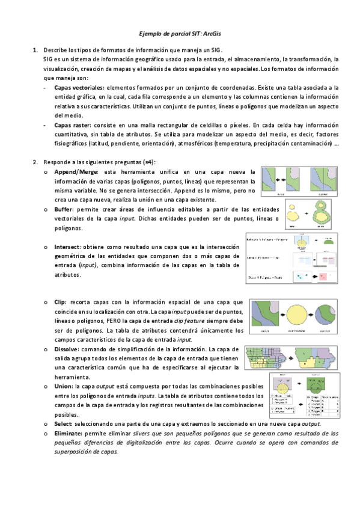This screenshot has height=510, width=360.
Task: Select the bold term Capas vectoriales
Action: coord(78,88)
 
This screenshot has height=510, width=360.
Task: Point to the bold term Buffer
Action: coord(64,209)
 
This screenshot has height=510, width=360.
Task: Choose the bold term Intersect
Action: coord(67,247)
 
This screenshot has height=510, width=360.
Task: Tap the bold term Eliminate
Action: coord(69,433)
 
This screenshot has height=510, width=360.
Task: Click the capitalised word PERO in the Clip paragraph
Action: coord(116,321)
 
